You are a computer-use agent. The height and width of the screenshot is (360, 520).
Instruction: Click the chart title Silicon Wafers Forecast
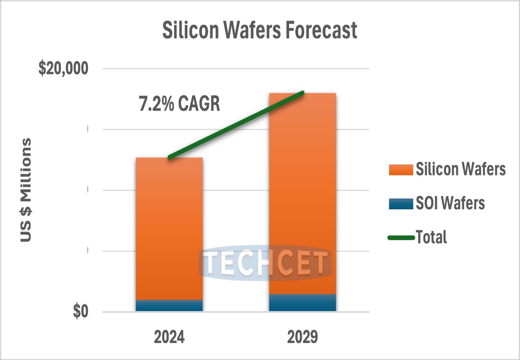[259, 31]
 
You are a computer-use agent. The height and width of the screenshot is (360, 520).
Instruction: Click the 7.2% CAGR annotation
[180, 104]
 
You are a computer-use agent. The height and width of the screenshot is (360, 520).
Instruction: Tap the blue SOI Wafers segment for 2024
[169, 306]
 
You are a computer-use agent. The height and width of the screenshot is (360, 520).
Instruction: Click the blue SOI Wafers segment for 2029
[302, 303]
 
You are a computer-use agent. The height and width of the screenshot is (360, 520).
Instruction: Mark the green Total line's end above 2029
[302, 93]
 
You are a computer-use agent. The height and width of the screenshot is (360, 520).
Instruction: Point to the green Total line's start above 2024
[169, 157]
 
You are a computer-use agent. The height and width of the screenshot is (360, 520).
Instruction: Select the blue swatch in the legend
[401, 204]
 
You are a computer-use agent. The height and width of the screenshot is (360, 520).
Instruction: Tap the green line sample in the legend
[401, 237]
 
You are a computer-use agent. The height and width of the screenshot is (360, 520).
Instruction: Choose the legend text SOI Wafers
[450, 204]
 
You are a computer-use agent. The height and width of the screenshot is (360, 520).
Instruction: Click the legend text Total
[431, 237]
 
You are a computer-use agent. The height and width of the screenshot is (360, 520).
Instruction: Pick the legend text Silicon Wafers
[461, 170]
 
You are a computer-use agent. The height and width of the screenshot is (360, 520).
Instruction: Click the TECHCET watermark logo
[265, 263]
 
